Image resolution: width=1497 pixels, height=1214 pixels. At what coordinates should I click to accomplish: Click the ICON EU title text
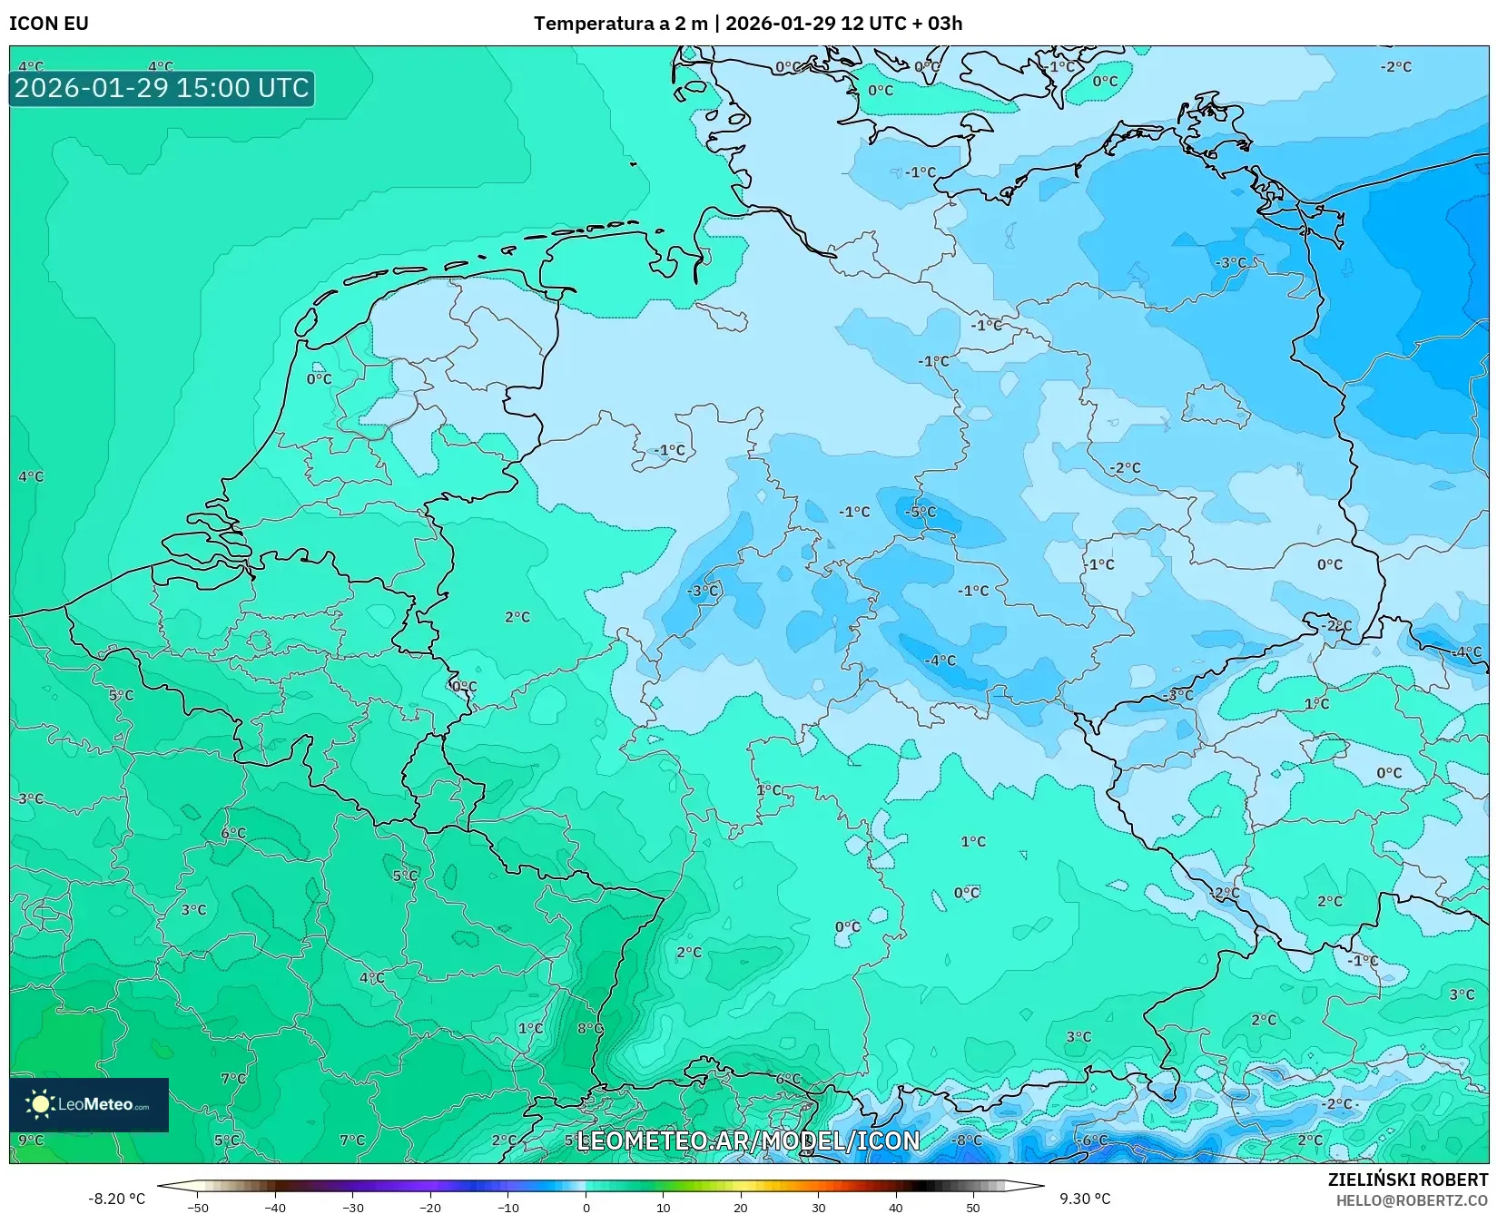click(x=49, y=24)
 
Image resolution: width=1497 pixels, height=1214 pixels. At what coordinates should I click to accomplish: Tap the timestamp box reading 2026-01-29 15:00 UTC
click(x=162, y=88)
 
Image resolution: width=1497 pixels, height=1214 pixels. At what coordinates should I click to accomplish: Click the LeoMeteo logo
click(x=89, y=1104)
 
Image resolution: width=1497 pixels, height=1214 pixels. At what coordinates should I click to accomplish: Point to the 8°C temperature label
click(x=590, y=1028)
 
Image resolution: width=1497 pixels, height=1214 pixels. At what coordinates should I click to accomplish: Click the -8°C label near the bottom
click(x=967, y=1140)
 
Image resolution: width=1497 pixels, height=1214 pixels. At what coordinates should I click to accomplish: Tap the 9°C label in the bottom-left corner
click(x=31, y=1140)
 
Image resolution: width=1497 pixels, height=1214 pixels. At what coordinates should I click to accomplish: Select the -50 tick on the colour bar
click(x=197, y=1207)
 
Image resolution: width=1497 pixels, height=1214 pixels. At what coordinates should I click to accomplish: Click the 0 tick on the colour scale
click(x=586, y=1207)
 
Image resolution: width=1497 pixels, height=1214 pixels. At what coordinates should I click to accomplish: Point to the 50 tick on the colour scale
click(x=973, y=1207)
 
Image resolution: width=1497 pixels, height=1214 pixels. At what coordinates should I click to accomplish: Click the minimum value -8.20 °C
click(x=116, y=1199)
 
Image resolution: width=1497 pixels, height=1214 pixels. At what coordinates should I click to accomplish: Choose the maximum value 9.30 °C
click(x=1085, y=1199)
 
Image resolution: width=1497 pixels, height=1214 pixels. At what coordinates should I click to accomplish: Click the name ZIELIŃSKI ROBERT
click(x=1408, y=1180)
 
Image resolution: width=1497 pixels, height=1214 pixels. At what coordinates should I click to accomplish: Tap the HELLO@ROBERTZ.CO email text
click(x=1412, y=1200)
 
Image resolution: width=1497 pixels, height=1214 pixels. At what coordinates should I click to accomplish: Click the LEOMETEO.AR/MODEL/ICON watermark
click(x=748, y=1141)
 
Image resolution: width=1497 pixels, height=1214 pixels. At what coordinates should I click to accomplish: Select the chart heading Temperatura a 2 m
click(x=620, y=24)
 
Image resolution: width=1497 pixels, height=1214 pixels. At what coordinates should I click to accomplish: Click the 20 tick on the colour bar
click(x=741, y=1207)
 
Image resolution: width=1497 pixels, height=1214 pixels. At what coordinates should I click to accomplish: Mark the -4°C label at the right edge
click(x=1467, y=651)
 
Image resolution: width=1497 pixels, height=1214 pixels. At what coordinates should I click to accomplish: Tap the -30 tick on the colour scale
click(x=352, y=1207)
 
